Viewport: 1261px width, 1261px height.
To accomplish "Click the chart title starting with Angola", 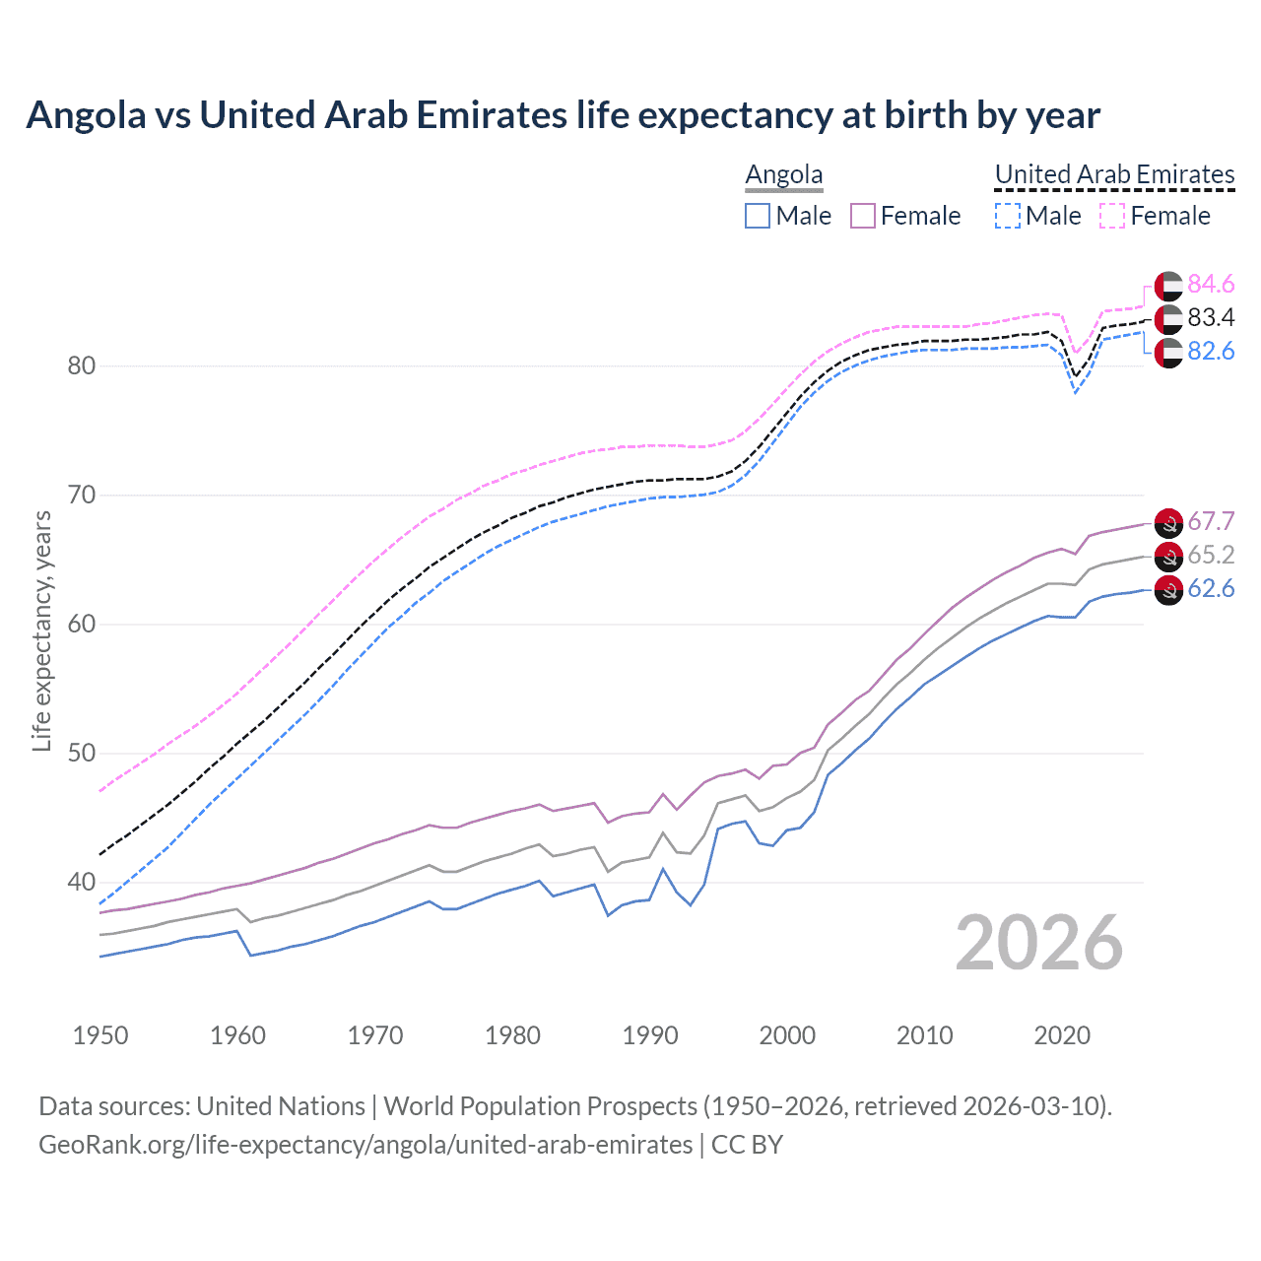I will (x=563, y=115).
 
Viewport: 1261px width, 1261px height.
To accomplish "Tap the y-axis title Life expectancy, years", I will (x=41, y=631).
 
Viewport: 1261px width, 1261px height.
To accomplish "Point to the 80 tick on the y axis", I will (x=82, y=366).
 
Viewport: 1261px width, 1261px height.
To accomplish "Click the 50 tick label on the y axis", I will (x=82, y=754).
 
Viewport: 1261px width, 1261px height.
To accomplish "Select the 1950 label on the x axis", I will (x=100, y=1035).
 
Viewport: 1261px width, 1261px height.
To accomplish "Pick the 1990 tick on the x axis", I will (x=650, y=1035).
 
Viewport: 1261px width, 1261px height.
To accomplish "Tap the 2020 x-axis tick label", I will (x=1062, y=1035).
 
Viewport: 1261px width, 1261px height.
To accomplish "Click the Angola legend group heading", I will (x=783, y=175).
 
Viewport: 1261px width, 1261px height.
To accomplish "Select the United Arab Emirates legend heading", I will (x=1114, y=175).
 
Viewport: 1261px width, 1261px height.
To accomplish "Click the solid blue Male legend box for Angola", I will (x=757, y=216).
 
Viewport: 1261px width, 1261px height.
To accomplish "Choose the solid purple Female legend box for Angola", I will (x=862, y=216).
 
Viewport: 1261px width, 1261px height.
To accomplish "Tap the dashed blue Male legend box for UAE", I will (x=1007, y=216).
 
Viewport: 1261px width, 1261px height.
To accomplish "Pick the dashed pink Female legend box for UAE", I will (x=1111, y=216).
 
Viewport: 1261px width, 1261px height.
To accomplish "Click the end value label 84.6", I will (x=1211, y=285).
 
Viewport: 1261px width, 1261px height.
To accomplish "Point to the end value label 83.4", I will (x=1211, y=318).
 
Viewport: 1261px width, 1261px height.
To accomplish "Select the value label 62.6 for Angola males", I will (x=1211, y=589).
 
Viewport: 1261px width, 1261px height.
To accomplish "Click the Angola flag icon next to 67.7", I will (x=1168, y=523).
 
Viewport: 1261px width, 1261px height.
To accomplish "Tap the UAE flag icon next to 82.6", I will (x=1168, y=353).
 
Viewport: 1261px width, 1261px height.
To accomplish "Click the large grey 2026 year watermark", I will (x=1038, y=943).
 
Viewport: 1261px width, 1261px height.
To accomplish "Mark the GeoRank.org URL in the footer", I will (x=365, y=1145).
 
